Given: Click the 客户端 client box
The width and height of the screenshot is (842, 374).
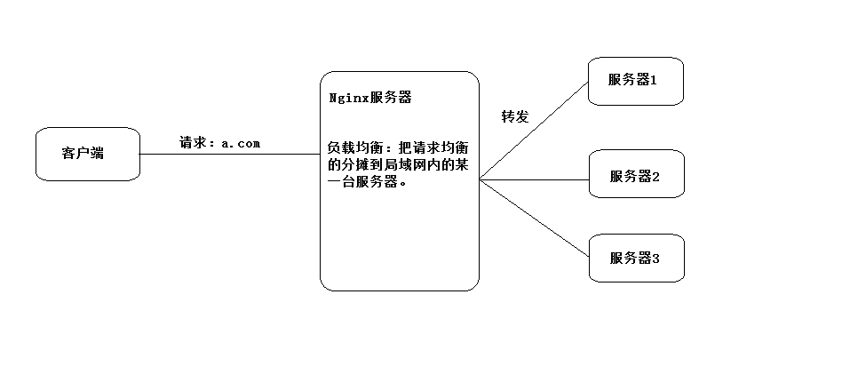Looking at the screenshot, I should point(87,154).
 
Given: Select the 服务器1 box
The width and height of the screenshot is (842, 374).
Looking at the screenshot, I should point(636,81).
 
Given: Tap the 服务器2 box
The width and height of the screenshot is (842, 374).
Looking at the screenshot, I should point(636,175).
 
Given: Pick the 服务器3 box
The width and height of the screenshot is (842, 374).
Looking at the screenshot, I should point(636,258).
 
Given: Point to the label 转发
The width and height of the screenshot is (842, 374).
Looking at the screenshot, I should point(514,116).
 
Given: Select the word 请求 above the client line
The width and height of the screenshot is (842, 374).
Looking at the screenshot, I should point(193,143).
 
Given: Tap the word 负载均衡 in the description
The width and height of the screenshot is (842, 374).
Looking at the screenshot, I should point(353,147).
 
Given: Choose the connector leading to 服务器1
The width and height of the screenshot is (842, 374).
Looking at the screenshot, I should point(533,131).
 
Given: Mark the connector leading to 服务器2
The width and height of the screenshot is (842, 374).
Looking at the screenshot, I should point(533,179).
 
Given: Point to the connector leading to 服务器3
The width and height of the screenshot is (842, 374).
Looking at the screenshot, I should point(533,217).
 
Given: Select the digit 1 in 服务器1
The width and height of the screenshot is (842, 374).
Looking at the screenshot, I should point(653,81).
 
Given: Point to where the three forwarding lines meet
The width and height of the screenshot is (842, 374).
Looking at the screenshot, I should point(481,179).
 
